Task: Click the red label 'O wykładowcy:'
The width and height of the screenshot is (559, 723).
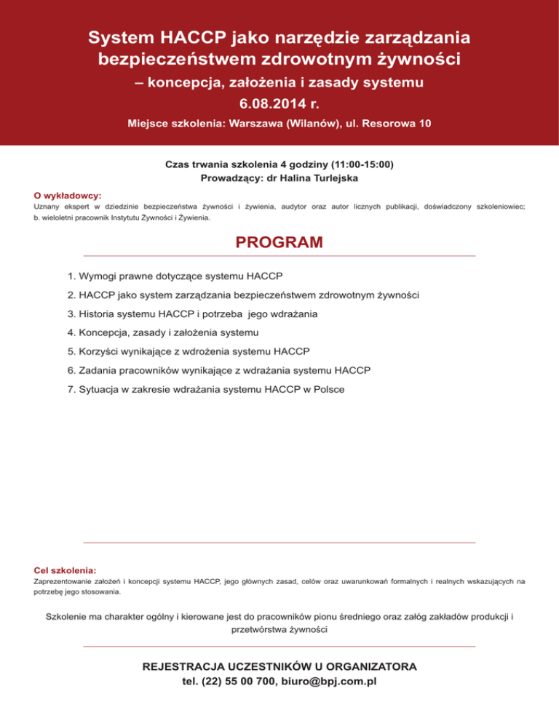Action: tap(68, 195)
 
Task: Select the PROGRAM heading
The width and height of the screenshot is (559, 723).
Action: tap(279, 242)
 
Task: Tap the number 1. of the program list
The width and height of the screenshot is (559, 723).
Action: tap(71, 276)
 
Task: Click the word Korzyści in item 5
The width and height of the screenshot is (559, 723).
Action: tap(99, 352)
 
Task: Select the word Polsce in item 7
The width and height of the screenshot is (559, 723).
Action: tap(328, 389)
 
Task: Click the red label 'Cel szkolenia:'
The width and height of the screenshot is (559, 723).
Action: tap(66, 570)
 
